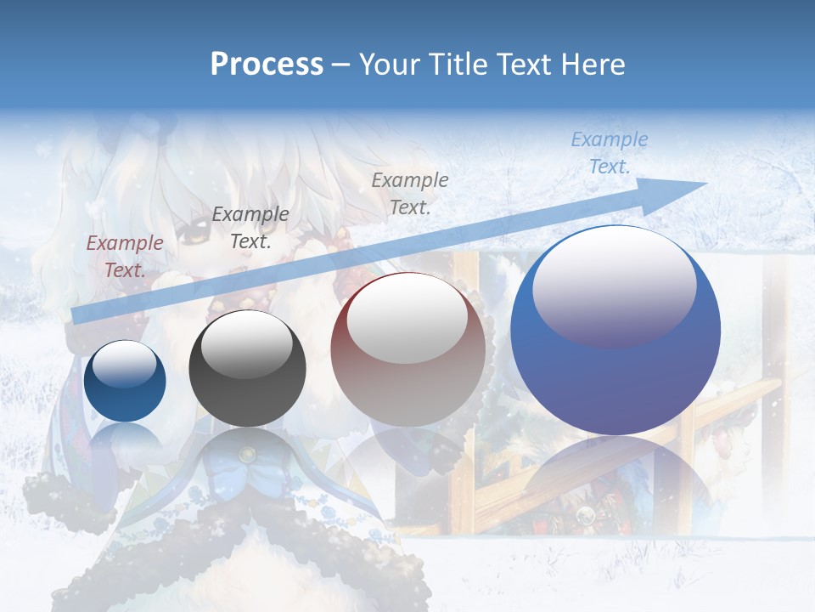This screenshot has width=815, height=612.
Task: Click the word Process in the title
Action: pyautogui.click(x=267, y=65)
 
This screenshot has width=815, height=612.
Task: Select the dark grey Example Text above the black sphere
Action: pyautogui.click(x=250, y=228)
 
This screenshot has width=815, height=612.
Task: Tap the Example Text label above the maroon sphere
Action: pyautogui.click(x=409, y=193)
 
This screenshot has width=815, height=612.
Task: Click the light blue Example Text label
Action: pyautogui.click(x=609, y=153)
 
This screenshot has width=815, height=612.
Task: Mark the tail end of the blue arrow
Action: pyautogui.click(x=76, y=315)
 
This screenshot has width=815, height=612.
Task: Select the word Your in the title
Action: pyautogui.click(x=389, y=65)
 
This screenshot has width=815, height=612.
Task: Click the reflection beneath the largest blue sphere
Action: pyautogui.click(x=615, y=476)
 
